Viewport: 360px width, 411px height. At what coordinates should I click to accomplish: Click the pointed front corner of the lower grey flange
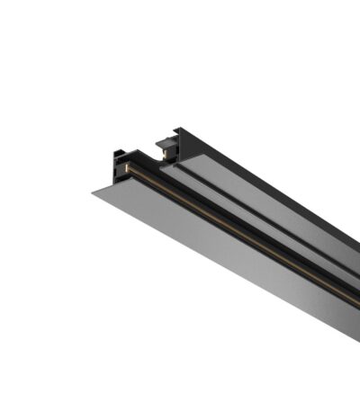pyautogui.click(x=93, y=191)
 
